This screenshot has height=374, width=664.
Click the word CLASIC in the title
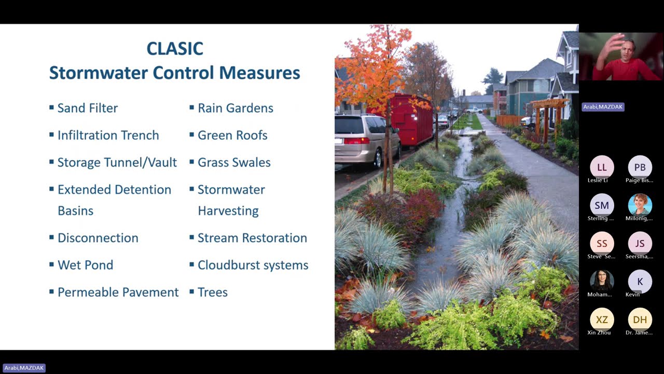tap(174, 48)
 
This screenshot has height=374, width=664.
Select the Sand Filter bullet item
tap(87, 108)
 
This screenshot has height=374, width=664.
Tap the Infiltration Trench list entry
tap(108, 135)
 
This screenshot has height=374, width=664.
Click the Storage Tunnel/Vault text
tap(117, 162)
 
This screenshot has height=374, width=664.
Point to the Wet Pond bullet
tap(85, 265)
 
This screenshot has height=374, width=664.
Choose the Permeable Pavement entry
tap(118, 292)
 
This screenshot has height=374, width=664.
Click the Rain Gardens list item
tap(235, 108)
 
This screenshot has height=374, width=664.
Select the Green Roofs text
tap(232, 135)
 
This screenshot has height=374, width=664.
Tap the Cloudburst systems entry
tap(253, 265)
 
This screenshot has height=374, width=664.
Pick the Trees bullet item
tap(212, 292)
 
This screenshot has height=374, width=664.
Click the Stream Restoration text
tap(252, 238)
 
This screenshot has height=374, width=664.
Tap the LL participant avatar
tap(602, 167)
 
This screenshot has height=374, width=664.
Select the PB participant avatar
tap(640, 167)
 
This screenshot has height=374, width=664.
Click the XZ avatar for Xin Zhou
tap(602, 319)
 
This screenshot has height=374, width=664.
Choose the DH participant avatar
tap(640, 319)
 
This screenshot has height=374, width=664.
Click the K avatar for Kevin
tap(640, 282)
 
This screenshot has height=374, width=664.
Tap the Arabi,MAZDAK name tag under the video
tap(603, 107)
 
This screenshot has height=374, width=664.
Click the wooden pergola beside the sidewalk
tap(548, 117)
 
